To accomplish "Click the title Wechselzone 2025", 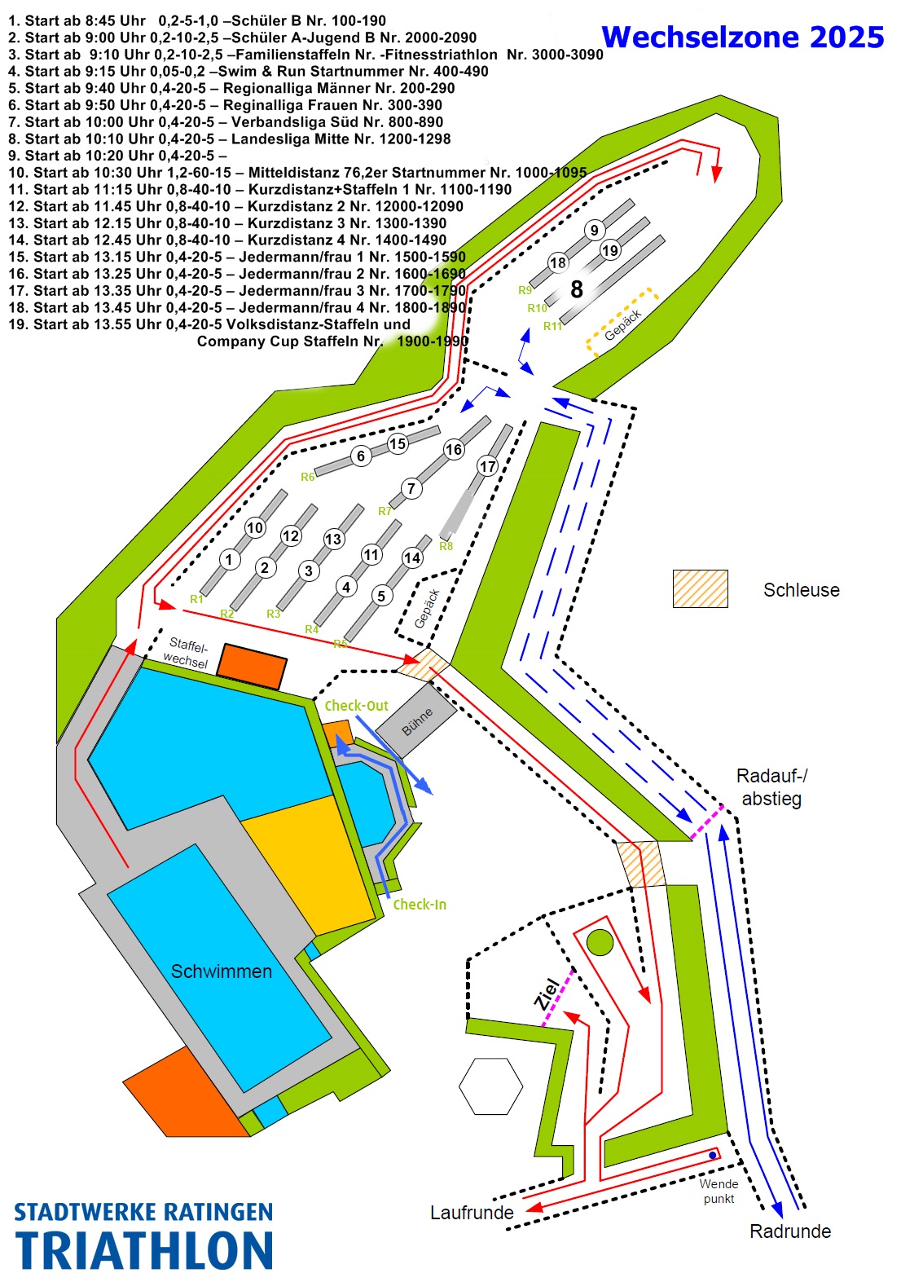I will [x=742, y=37].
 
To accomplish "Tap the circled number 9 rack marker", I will [x=595, y=231].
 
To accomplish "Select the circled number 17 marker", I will [x=487, y=466].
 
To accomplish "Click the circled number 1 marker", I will [x=230, y=560].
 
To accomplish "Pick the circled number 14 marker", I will [x=412, y=558].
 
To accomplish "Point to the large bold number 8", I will [x=577, y=289].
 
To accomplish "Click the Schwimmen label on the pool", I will [x=221, y=971].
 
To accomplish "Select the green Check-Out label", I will [x=356, y=706].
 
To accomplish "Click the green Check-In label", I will [x=420, y=905].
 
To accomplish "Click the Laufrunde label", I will [x=472, y=1213].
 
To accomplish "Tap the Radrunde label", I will [x=789, y=1231].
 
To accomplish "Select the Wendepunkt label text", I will [x=719, y=1191].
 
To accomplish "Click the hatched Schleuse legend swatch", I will [x=700, y=588].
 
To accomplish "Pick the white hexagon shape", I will [x=490, y=1086].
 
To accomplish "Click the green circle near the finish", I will [x=600, y=942].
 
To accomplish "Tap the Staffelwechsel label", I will [x=187, y=653].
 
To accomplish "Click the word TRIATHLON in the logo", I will [x=144, y=1252].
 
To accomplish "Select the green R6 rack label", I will [x=307, y=477].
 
